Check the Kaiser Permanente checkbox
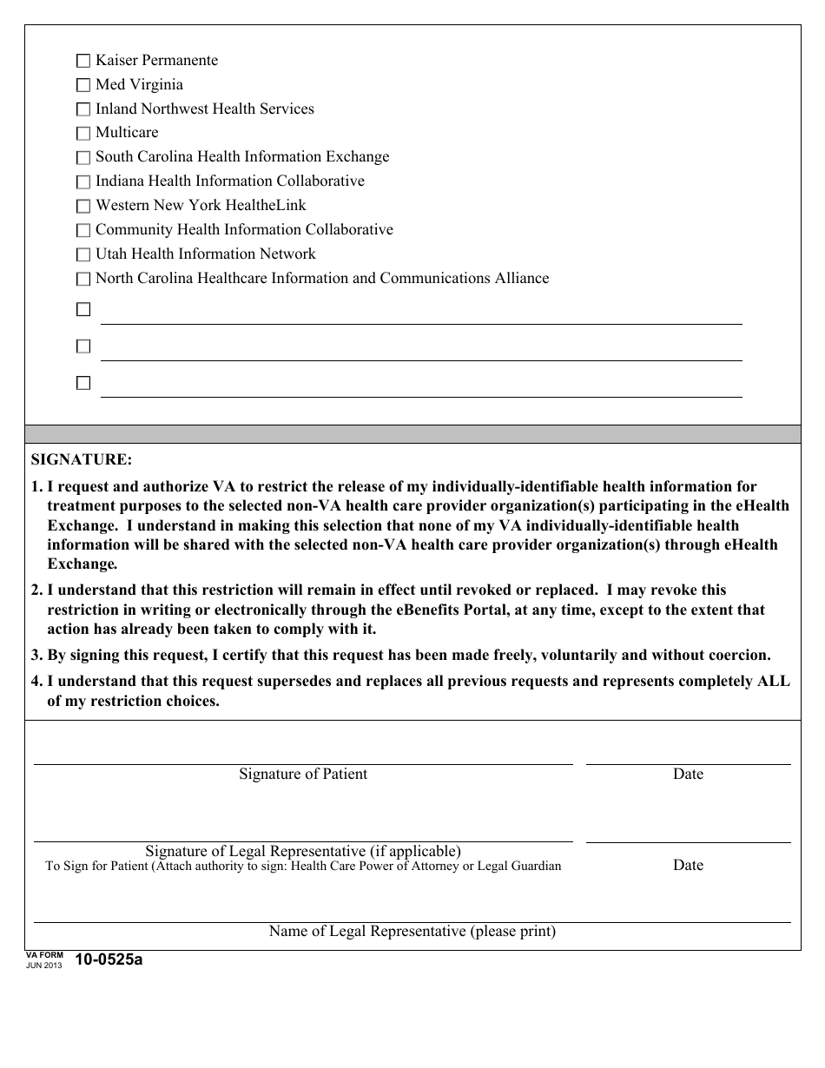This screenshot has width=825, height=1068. [83, 61]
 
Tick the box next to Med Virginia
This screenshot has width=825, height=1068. [83, 85]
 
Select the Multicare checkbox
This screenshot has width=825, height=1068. [83, 133]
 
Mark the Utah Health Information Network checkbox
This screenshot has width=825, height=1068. [83, 254]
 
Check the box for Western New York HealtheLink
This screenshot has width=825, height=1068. [83, 206]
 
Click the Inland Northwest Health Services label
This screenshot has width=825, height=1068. [204, 109]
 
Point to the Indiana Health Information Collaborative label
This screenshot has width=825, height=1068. [229, 181]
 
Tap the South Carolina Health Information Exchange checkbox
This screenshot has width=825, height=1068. [83, 157]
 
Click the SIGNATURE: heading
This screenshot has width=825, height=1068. [81, 459]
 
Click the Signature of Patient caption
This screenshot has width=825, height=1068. [303, 774]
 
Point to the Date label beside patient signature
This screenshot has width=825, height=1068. [688, 774]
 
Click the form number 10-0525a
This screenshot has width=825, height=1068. [109, 959]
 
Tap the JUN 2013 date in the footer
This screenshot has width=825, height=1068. [44, 965]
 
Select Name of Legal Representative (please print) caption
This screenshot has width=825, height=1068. [412, 931]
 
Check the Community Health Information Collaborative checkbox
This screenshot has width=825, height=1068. [83, 230]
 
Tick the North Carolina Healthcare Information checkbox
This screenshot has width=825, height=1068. [83, 279]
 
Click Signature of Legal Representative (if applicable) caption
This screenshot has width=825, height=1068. [303, 851]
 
